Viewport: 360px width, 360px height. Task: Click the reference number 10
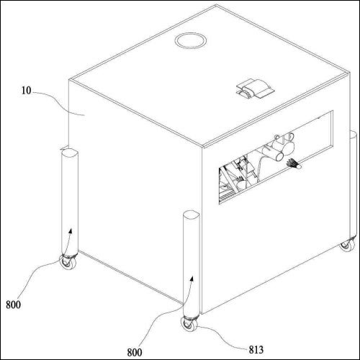coord(27,91)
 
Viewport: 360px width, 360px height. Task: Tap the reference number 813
coord(256,349)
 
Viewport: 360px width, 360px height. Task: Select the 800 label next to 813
coord(135,352)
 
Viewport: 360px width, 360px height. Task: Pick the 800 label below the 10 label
coord(13,305)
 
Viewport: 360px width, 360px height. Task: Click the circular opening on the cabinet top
coord(191,41)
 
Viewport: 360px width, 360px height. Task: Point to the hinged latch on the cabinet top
coord(254,89)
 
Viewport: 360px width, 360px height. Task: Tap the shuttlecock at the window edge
coord(294,164)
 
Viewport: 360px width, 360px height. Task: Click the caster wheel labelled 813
coord(189,324)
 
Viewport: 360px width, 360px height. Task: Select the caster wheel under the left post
coord(68,261)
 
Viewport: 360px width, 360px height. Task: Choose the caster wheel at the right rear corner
coord(347,245)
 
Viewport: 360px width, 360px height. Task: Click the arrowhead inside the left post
coord(71,231)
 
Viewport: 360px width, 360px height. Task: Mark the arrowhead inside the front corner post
coord(192,279)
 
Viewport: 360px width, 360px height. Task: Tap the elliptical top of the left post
coord(70,153)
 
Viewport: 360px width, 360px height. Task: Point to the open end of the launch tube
coord(279,157)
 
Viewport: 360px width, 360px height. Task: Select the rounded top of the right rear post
coord(353,135)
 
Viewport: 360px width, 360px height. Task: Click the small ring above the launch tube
coord(277,138)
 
